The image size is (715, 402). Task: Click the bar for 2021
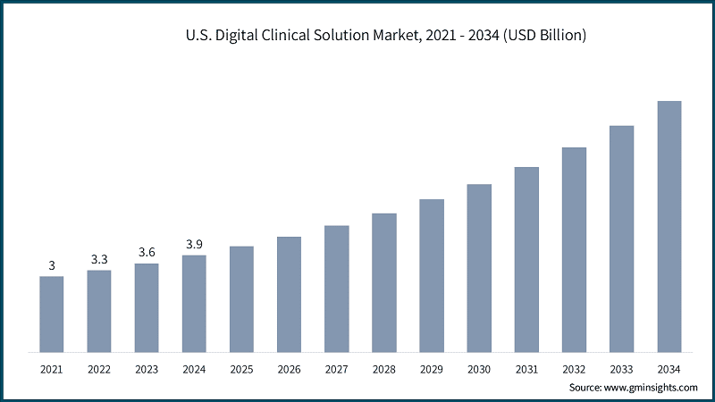click(52, 314)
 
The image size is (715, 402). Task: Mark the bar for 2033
click(622, 239)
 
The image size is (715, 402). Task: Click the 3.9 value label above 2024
click(194, 244)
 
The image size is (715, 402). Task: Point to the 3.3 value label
click(99, 259)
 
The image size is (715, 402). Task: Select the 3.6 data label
click(147, 252)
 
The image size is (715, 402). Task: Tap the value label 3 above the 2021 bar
click(52, 265)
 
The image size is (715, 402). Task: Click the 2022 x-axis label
click(99, 368)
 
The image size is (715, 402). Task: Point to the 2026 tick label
click(289, 368)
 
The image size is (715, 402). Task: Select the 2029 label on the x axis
click(432, 368)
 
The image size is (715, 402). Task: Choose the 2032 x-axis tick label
click(574, 368)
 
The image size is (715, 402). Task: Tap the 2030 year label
click(479, 368)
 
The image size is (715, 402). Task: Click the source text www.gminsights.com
click(652, 388)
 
